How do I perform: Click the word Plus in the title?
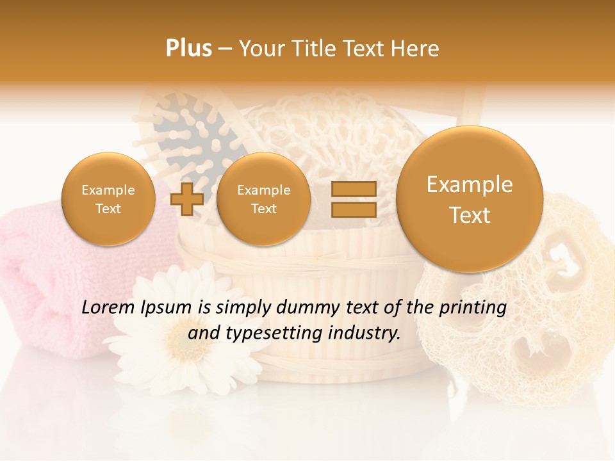[188, 48]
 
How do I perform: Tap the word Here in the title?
[416, 48]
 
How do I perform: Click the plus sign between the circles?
[187, 200]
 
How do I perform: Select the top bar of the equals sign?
[353, 189]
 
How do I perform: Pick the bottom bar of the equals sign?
[353, 209]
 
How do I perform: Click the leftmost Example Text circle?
[108, 199]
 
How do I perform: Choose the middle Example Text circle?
[263, 199]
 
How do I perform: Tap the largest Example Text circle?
[470, 199]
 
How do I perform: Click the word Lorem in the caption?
[108, 308]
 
